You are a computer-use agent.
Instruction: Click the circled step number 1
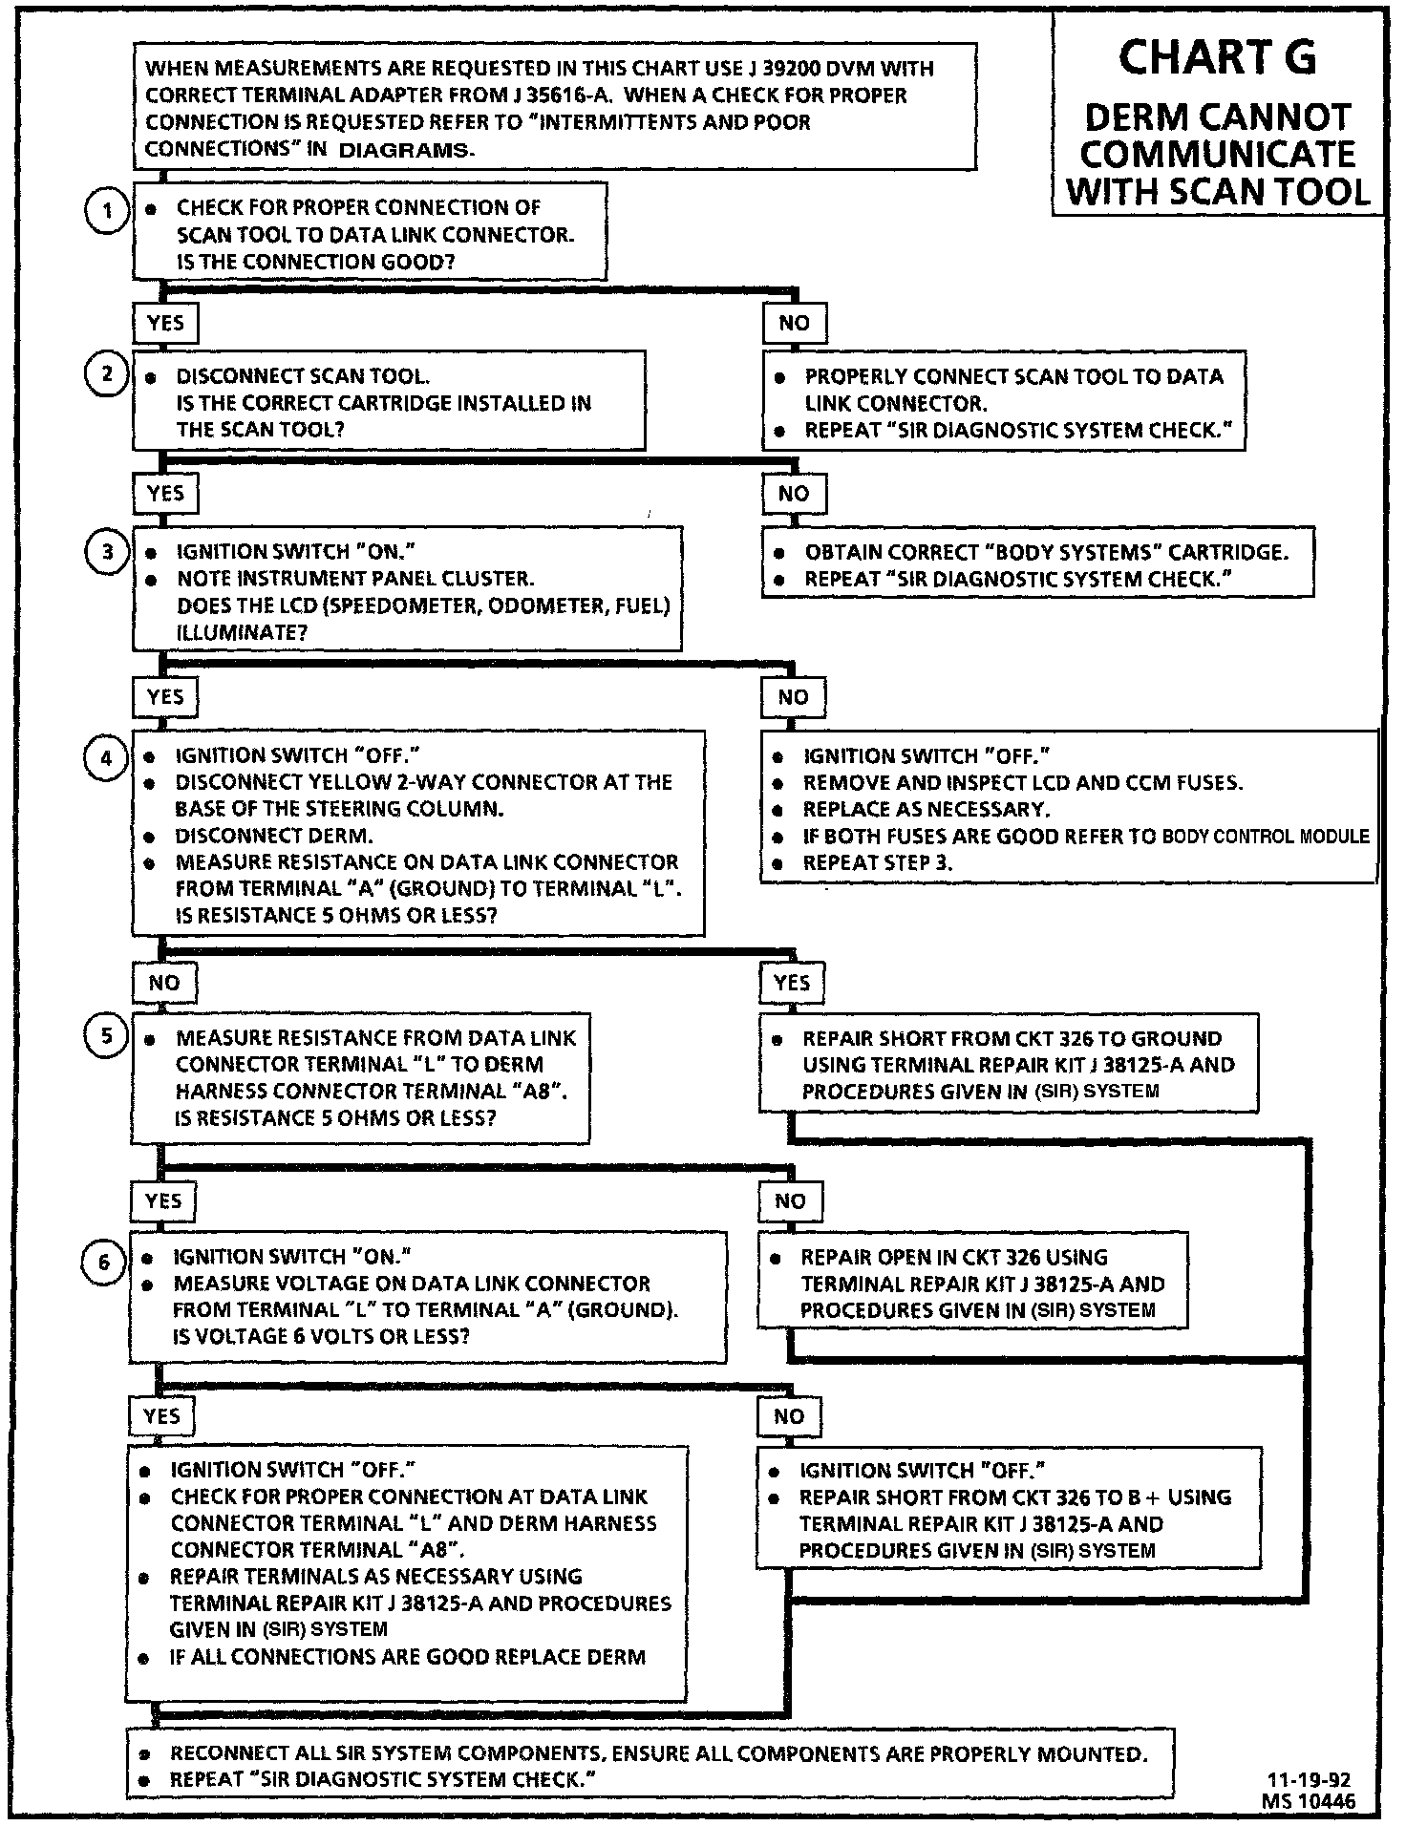pyautogui.click(x=107, y=212)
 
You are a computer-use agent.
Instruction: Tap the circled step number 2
pyautogui.click(x=107, y=374)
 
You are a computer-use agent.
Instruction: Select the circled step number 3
pyautogui.click(x=107, y=552)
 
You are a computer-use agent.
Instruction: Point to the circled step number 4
pyautogui.click(x=106, y=758)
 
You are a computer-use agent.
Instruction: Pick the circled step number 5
pyautogui.click(x=106, y=1037)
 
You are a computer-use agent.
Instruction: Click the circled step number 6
pyautogui.click(x=104, y=1263)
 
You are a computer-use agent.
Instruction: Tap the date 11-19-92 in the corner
pyautogui.click(x=1309, y=1780)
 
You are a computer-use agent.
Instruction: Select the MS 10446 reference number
pyautogui.click(x=1307, y=1801)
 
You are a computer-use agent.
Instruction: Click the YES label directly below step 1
pyautogui.click(x=165, y=323)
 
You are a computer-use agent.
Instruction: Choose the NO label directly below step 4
pyautogui.click(x=163, y=983)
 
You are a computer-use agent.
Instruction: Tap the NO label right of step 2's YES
pyautogui.click(x=794, y=494)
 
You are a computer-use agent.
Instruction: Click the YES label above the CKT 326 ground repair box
pyautogui.click(x=791, y=983)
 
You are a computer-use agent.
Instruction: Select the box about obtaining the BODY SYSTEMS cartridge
pyautogui.click(x=1037, y=564)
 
